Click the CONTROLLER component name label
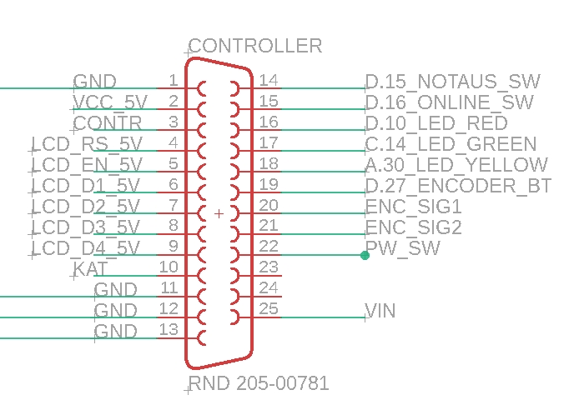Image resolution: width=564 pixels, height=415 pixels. pyautogui.click(x=255, y=46)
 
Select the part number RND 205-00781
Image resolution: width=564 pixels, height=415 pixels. pyautogui.click(x=259, y=384)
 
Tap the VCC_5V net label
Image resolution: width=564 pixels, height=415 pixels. pyautogui.click(x=110, y=102)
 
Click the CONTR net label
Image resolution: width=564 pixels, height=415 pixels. pyautogui.click(x=108, y=123)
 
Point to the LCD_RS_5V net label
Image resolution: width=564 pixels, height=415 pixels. pyautogui.click(x=87, y=144)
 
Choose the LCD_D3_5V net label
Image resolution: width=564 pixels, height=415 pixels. pyautogui.click(x=87, y=227)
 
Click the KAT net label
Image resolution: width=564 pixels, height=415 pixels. pyautogui.click(x=91, y=268)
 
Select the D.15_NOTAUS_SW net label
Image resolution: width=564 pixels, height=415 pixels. pyautogui.click(x=453, y=82)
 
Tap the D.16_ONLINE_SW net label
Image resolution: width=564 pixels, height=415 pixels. pyautogui.click(x=450, y=102)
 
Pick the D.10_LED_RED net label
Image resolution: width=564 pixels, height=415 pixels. pyautogui.click(x=436, y=123)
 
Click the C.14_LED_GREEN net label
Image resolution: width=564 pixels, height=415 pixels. pyautogui.click(x=451, y=144)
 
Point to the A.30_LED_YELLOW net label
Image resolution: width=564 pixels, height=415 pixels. pyautogui.click(x=457, y=165)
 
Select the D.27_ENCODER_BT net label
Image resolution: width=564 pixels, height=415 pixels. pyautogui.click(x=459, y=186)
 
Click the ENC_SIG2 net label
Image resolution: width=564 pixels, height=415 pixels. pyautogui.click(x=414, y=227)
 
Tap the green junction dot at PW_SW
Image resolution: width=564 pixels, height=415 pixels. pyautogui.click(x=365, y=255)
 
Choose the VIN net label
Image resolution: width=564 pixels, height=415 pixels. pyautogui.click(x=380, y=311)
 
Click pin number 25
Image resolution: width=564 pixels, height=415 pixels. pyautogui.click(x=269, y=309)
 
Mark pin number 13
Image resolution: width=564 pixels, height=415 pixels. pyautogui.click(x=168, y=329)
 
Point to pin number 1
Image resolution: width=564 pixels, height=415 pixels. pyautogui.click(x=173, y=80)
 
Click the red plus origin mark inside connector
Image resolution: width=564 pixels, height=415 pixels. pyautogui.click(x=219, y=214)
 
